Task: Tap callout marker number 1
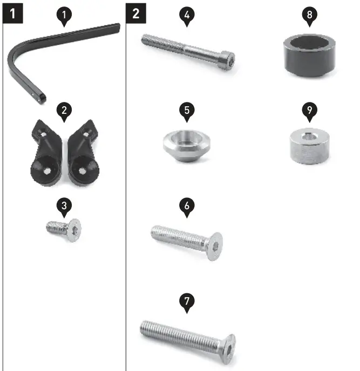[64, 17]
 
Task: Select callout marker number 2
[64, 111]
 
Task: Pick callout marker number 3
[64, 205]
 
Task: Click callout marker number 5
[186, 111]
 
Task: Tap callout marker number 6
[186, 206]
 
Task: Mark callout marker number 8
[309, 15]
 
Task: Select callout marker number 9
[309, 111]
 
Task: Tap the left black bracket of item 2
[46, 156]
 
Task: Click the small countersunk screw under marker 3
[64, 229]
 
